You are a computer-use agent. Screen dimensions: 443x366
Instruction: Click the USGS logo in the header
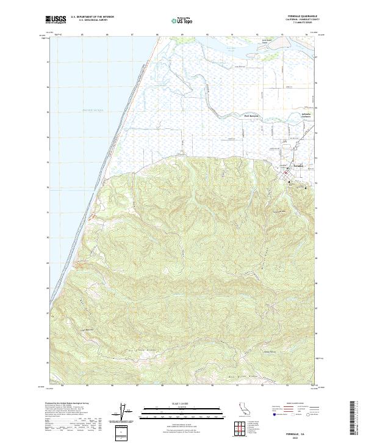[x=56, y=20]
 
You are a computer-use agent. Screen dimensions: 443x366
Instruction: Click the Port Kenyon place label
[x=252, y=114]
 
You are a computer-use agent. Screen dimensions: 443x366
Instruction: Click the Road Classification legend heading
[x=290, y=405]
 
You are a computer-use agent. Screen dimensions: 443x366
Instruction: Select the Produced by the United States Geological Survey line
[x=67, y=405]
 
